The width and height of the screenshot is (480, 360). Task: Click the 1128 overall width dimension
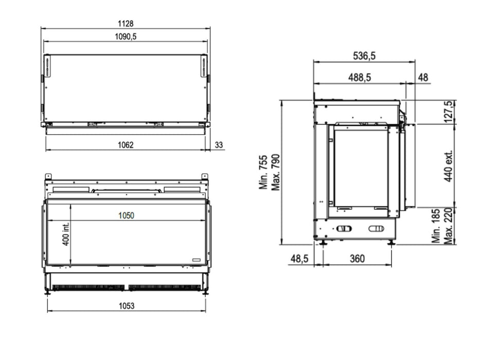click(126, 24)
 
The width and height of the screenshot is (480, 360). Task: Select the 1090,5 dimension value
click(126, 37)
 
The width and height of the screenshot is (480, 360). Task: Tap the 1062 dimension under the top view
click(126, 145)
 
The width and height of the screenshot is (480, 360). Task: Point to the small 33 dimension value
click(219, 145)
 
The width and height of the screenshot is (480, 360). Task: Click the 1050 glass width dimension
click(126, 215)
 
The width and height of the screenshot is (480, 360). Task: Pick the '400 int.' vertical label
click(66, 233)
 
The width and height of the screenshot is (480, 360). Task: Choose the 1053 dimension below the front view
click(127, 306)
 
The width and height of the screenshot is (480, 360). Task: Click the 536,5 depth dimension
click(364, 56)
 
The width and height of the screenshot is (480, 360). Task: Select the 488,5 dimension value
click(360, 78)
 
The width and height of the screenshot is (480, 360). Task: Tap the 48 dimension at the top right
click(423, 78)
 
